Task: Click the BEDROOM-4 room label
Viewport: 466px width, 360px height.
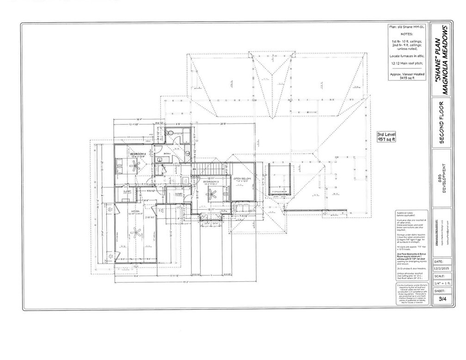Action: [138, 153]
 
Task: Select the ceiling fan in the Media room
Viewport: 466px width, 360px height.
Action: [135, 232]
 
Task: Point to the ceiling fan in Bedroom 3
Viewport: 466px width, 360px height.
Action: [213, 195]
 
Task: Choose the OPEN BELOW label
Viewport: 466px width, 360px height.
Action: [242, 178]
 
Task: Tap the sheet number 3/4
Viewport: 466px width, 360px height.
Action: [442, 299]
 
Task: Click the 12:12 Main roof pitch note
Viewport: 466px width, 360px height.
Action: [407, 62]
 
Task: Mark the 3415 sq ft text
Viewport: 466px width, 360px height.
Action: [407, 78]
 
